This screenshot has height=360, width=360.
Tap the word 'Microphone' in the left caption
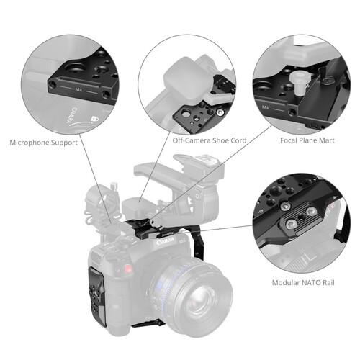[x=32, y=143]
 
